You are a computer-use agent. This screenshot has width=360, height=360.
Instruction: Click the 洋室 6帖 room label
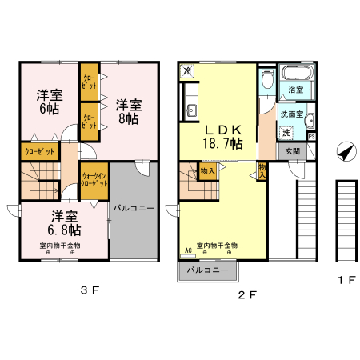pyautogui.click(x=47, y=102)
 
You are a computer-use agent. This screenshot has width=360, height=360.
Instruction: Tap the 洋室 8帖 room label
pyautogui.click(x=128, y=110)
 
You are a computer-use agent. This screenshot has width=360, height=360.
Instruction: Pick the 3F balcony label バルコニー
pyautogui.click(x=134, y=208)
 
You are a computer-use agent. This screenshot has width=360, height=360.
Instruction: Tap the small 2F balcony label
pyautogui.click(x=208, y=270)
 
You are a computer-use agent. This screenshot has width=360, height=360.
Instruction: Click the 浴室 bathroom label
pyautogui.click(x=296, y=90)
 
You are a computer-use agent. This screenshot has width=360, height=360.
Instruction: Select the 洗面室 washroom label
pyautogui.click(x=291, y=114)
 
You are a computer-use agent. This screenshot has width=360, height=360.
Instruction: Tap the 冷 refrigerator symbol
pyautogui.click(x=186, y=71)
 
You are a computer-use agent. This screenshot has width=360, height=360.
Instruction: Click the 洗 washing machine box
pyautogui.click(x=286, y=132)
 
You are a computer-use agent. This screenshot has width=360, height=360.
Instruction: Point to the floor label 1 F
pyautogui.click(x=346, y=280)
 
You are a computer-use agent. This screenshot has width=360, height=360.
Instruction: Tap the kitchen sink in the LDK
pyautogui.click(x=191, y=110)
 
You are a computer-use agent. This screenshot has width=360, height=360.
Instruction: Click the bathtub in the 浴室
pyautogui.click(x=295, y=77)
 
